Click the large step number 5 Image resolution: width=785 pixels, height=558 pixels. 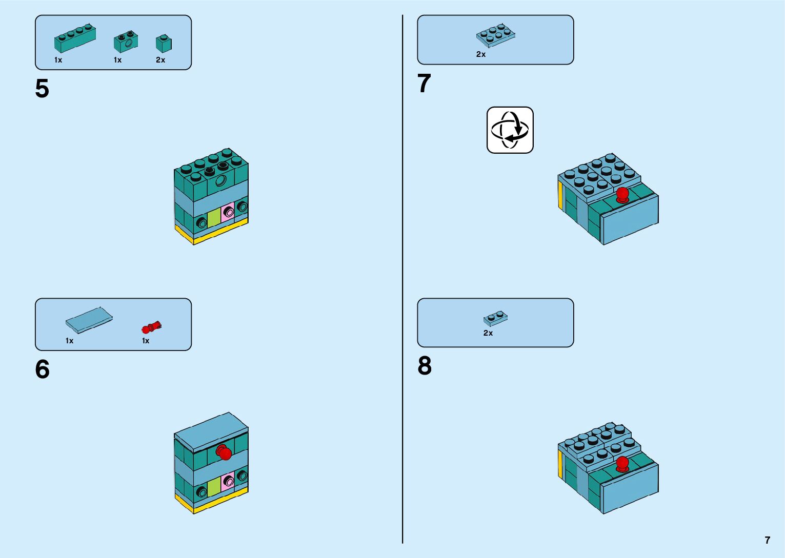(x=42, y=89)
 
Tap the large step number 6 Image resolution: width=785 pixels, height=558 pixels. (x=42, y=369)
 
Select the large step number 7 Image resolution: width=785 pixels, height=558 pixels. (x=424, y=84)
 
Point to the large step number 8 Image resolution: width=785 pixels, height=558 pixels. (x=425, y=366)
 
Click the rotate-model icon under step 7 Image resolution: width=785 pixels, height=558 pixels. (x=510, y=130)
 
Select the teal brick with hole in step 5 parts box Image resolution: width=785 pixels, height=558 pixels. (x=126, y=43)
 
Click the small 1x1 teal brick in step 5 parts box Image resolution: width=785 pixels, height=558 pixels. (x=164, y=44)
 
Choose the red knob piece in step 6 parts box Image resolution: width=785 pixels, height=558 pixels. (x=151, y=327)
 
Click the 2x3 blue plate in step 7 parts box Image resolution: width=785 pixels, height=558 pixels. (x=495, y=35)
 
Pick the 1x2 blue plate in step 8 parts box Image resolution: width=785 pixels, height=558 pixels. (x=495, y=318)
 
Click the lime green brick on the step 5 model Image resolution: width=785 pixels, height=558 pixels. (x=214, y=218)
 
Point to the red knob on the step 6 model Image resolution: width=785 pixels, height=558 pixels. (x=224, y=452)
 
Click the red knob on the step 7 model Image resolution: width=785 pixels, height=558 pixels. (x=622, y=195)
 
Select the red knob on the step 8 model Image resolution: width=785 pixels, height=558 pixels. (x=622, y=464)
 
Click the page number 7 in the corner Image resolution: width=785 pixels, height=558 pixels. (x=767, y=540)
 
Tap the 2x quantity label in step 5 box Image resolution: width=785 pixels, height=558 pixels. (x=160, y=60)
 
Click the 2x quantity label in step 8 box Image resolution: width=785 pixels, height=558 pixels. (x=488, y=333)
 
